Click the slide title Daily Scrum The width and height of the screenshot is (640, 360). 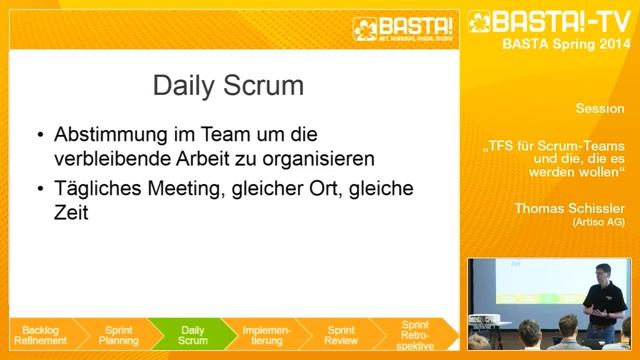point(229,86)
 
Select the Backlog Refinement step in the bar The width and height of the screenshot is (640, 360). point(42,334)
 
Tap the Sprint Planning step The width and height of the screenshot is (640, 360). point(118,334)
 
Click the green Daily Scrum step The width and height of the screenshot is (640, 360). point(192,334)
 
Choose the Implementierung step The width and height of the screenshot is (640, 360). point(266,334)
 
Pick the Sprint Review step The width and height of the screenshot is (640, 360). point(341,334)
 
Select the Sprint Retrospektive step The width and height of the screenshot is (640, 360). point(414,334)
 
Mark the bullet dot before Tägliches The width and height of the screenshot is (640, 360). point(39,189)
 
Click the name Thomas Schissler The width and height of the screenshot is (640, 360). point(569,208)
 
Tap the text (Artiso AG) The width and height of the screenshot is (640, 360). point(598,222)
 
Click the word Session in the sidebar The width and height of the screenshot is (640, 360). point(600,107)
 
